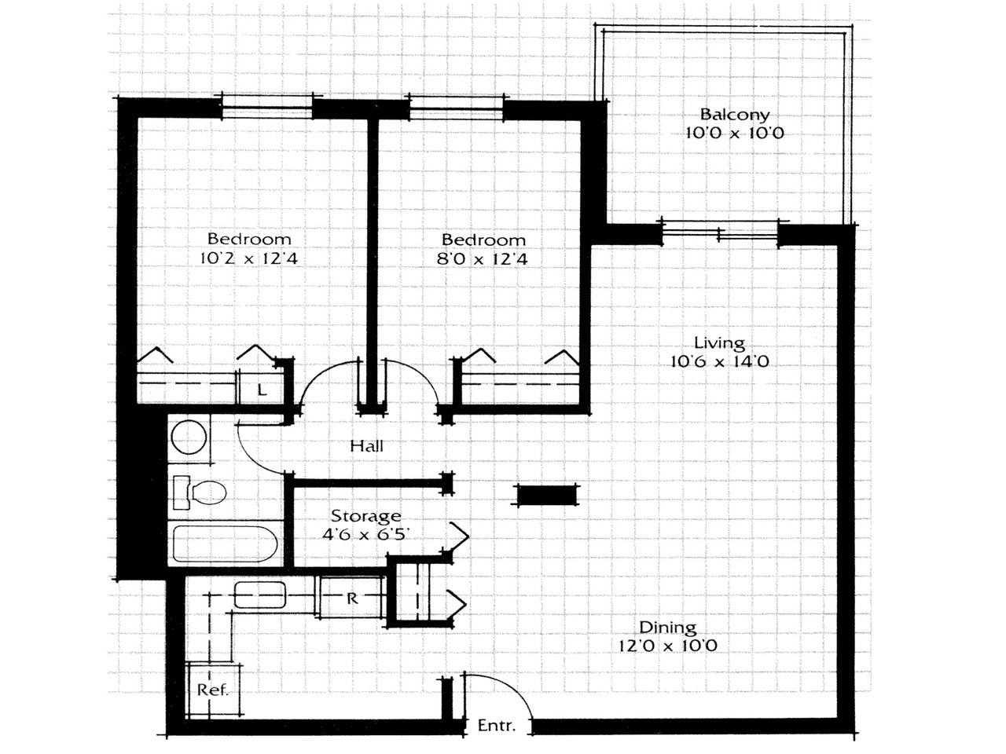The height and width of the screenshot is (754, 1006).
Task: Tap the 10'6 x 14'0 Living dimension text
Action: point(719,362)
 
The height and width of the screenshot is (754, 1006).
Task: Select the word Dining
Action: point(667,627)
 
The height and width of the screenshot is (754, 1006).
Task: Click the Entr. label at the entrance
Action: point(497,726)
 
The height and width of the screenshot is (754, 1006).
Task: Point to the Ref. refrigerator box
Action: point(213,690)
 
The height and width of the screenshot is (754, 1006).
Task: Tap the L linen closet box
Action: point(263,389)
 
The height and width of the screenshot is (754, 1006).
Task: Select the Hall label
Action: point(367,446)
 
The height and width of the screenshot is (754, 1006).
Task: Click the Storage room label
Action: point(365,516)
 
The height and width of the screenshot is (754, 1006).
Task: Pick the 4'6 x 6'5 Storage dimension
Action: point(365,535)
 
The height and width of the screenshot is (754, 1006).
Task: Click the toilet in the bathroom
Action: point(201,492)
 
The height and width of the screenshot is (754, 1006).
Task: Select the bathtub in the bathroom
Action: point(224,544)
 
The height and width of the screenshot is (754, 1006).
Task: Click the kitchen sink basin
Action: point(263,595)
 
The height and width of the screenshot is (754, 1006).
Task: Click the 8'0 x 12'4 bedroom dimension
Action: point(483,259)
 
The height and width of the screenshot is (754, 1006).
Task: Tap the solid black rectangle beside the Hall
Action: point(545,496)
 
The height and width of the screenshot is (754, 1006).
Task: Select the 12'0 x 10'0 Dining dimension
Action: point(667,646)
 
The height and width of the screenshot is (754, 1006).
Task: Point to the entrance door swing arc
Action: point(511,687)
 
